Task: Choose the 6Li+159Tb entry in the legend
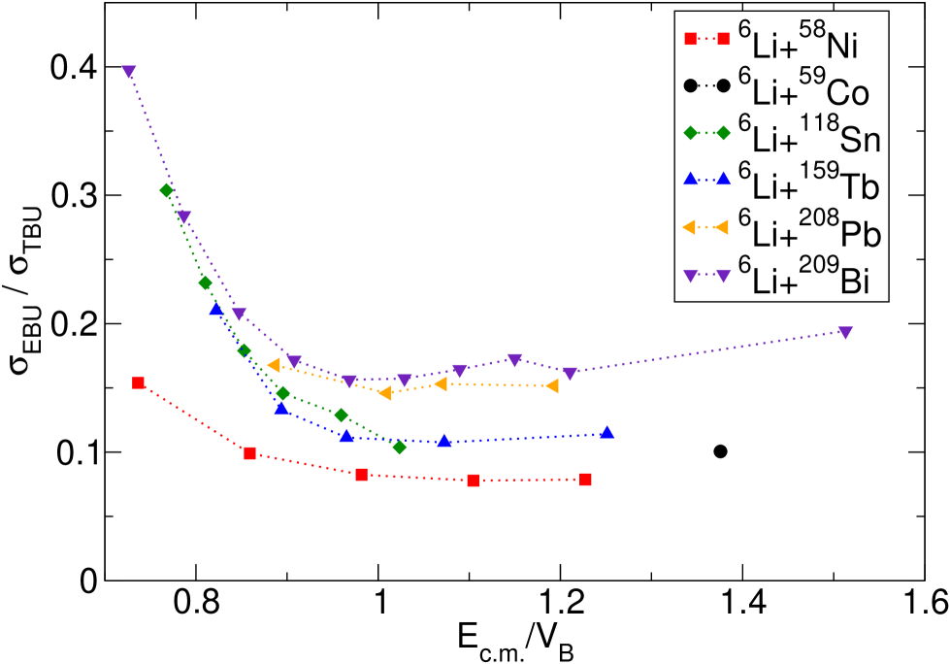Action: (x=809, y=183)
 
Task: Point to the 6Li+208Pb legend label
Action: (x=809, y=231)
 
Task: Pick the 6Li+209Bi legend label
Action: (x=803, y=279)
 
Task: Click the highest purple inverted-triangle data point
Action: (x=129, y=72)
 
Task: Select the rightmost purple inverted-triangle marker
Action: (x=845, y=332)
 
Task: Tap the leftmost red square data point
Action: (x=139, y=382)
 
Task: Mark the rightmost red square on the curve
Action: (x=585, y=480)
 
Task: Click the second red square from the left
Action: (x=250, y=453)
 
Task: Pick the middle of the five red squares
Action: (x=362, y=475)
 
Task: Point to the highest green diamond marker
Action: (x=166, y=191)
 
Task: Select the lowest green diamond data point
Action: (x=399, y=447)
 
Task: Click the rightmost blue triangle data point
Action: (x=606, y=432)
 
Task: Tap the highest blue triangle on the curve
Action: (x=215, y=310)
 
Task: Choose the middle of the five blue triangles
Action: (x=346, y=435)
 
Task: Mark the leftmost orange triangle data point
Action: (x=274, y=365)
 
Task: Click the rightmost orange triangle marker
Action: (x=552, y=385)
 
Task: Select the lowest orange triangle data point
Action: (x=384, y=393)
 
